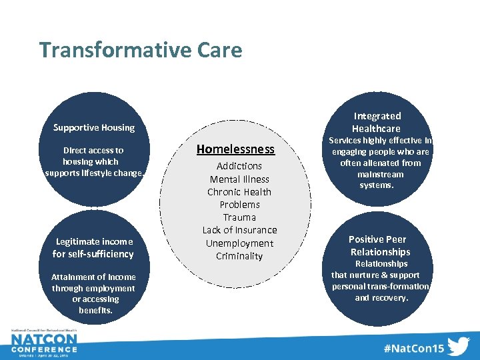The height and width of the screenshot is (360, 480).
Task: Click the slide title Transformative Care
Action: tap(141, 50)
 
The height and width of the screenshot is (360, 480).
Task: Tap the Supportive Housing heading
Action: tap(94, 127)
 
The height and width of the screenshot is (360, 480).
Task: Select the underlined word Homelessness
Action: tap(235, 149)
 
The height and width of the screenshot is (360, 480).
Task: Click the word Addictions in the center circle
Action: tap(239, 166)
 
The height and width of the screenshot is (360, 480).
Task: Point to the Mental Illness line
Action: tap(239, 179)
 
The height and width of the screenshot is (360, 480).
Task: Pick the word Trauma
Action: tap(239, 217)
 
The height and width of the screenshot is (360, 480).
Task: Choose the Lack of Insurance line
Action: tap(239, 230)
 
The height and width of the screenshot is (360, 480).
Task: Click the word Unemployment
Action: tap(239, 243)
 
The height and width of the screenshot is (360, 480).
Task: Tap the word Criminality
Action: tap(239, 256)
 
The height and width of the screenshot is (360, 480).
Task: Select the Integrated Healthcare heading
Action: tap(377, 122)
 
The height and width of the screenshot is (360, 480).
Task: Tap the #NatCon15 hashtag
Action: tap(413, 347)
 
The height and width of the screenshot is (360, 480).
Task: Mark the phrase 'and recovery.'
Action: tap(381, 298)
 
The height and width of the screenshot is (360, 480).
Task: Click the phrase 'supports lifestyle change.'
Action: tap(94, 173)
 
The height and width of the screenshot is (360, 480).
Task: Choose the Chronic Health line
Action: tap(239, 192)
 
